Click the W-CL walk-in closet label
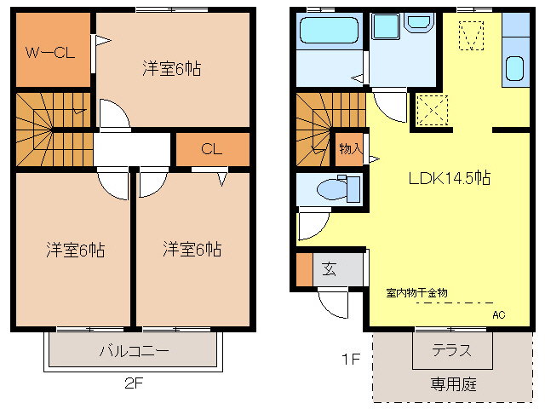[49, 53]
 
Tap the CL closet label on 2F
[211, 149]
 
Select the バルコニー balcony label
[134, 350]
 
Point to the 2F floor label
[133, 383]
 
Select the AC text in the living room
[498, 314]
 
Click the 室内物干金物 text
[416, 292]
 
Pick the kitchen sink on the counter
[514, 68]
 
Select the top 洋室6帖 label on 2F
[171, 69]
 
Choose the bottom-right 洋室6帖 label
[192, 250]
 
